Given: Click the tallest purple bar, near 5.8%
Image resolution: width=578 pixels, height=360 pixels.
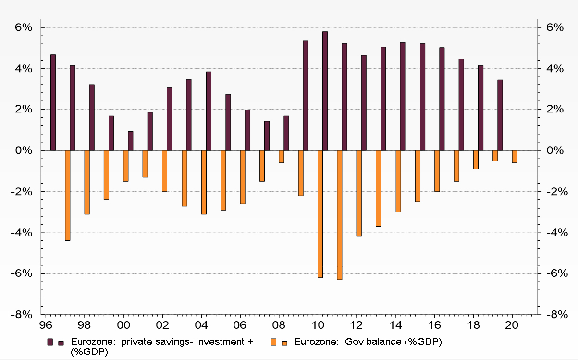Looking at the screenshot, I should click(325, 91).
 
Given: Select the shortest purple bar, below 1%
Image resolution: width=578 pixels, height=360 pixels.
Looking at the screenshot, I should click(130, 141).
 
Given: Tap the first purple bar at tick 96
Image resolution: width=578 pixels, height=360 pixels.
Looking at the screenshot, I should click(53, 102).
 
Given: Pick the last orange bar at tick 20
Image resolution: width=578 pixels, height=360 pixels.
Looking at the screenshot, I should click(515, 157).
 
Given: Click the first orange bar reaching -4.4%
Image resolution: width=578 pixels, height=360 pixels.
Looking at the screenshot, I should click(67, 195).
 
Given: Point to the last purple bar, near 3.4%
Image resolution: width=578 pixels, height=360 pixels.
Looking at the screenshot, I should click(500, 115).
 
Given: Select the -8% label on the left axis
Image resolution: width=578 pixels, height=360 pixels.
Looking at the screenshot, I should click(23, 315).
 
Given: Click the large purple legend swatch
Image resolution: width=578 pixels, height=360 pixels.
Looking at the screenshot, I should click(50, 342).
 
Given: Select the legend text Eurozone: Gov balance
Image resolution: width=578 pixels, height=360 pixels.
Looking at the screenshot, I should click(368, 342).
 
